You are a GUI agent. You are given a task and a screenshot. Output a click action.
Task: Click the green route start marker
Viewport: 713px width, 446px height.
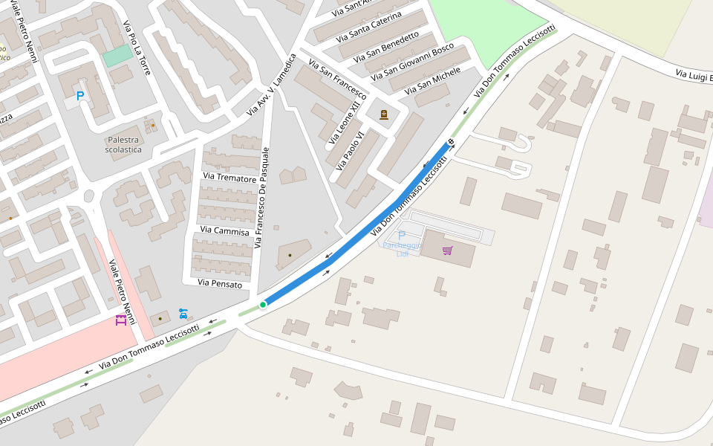263,305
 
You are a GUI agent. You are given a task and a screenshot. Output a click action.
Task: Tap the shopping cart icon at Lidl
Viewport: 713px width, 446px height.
447,251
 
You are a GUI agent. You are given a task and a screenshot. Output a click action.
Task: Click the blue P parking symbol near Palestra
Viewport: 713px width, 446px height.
80,96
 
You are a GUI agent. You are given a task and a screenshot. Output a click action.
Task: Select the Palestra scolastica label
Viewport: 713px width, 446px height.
123,144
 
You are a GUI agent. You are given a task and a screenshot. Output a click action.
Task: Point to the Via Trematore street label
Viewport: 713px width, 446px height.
229,178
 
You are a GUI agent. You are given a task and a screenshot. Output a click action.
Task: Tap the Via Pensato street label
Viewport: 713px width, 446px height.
220,283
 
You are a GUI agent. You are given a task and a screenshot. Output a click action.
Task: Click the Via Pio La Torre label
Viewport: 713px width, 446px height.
137,48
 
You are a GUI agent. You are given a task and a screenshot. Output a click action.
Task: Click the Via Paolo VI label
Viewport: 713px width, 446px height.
350,150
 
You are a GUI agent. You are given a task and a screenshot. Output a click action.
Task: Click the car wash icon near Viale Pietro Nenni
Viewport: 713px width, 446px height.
183,314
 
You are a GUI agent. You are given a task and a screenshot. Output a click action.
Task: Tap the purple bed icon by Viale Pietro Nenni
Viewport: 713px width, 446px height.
120,320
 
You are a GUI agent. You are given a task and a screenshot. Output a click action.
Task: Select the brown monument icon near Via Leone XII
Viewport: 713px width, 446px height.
384,114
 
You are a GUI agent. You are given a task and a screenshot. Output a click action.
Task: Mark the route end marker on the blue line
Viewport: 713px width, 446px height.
450,142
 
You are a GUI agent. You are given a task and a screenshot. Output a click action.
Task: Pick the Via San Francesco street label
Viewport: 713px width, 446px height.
338,80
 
